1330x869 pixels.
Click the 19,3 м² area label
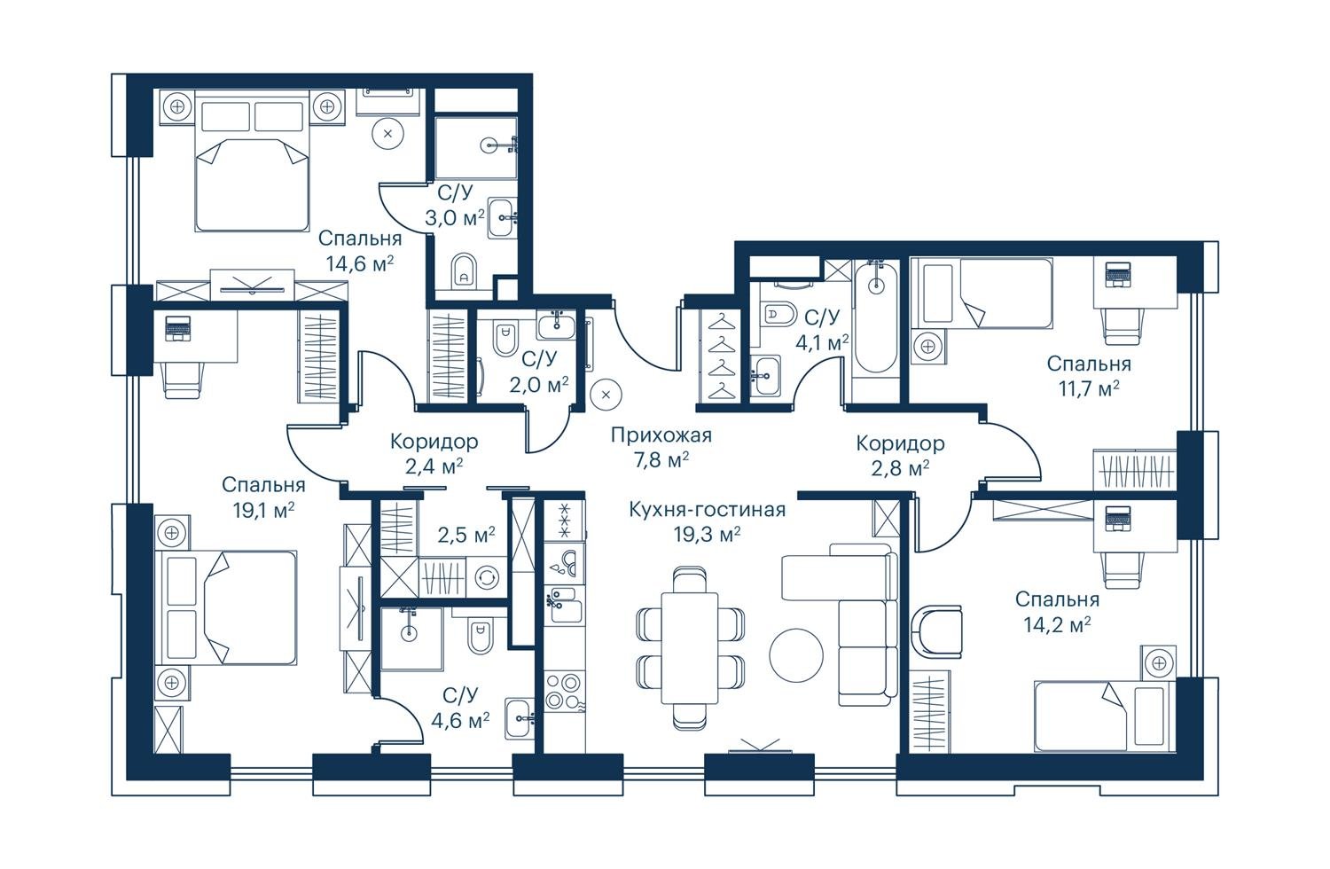(707, 536)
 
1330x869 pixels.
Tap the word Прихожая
(661, 435)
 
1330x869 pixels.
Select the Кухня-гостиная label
(707, 510)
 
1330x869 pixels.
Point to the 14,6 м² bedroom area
(360, 263)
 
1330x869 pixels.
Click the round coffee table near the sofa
(796, 655)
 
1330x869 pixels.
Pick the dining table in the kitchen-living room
(689, 648)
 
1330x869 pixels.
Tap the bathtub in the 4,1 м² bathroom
(876, 317)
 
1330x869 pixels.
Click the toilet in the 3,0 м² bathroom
(464, 270)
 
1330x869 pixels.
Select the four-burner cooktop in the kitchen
(563, 692)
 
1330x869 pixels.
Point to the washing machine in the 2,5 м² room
(486, 576)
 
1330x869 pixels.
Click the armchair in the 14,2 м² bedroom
(937, 631)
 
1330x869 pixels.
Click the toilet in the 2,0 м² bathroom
(505, 340)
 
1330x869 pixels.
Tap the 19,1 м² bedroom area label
(263, 510)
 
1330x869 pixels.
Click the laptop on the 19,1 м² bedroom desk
(177, 328)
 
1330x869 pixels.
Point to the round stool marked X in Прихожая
(606, 395)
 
